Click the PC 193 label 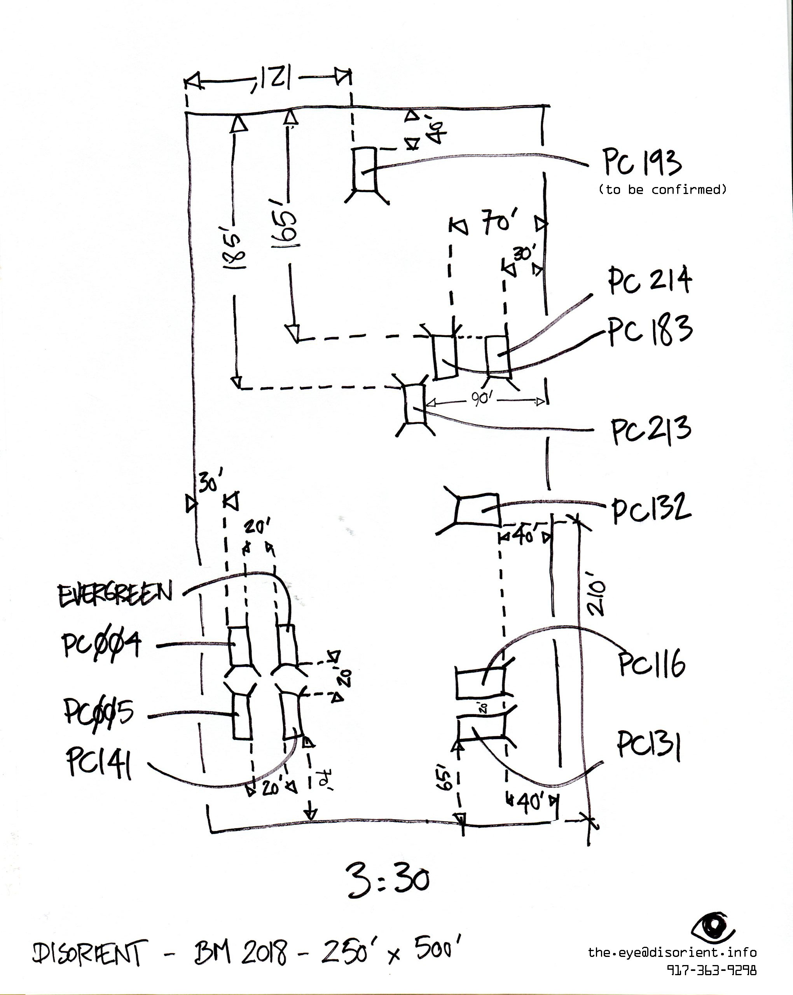click(642, 163)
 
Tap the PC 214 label click(650, 280)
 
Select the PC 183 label click(650, 330)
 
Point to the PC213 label click(651, 430)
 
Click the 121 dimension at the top click(272, 79)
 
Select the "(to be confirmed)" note click(662, 190)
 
